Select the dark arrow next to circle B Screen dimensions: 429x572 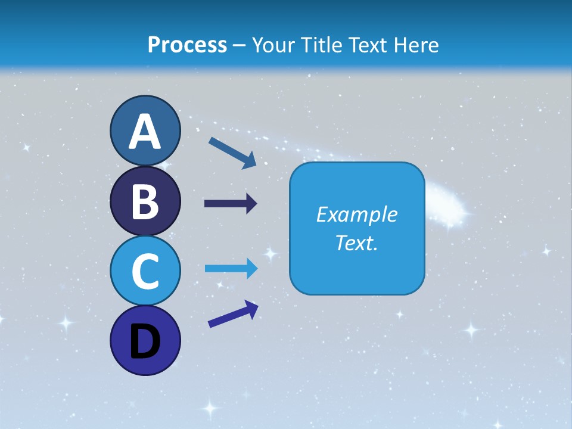231,204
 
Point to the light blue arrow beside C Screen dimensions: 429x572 231,269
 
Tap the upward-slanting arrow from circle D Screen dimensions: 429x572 233,314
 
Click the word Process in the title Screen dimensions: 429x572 187,45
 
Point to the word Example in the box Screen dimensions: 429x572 356,214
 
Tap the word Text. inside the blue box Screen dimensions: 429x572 356,243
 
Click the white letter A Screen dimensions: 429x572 145,132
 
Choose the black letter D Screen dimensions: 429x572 145,342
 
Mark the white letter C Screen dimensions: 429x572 145,272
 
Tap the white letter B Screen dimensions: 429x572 145,203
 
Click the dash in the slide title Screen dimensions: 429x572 240,46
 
